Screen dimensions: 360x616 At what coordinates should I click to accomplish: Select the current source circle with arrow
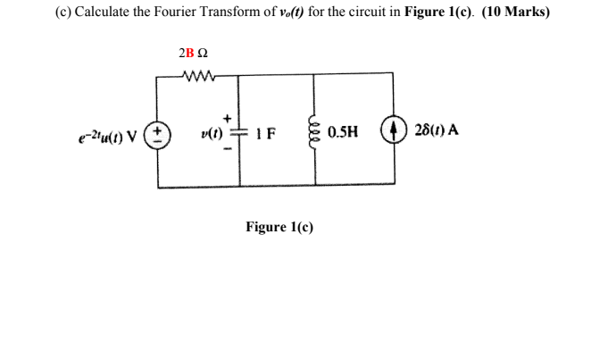(395, 131)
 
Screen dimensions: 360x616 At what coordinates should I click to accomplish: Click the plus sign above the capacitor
(229, 117)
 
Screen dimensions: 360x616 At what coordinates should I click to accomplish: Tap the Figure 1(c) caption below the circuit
(279, 228)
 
